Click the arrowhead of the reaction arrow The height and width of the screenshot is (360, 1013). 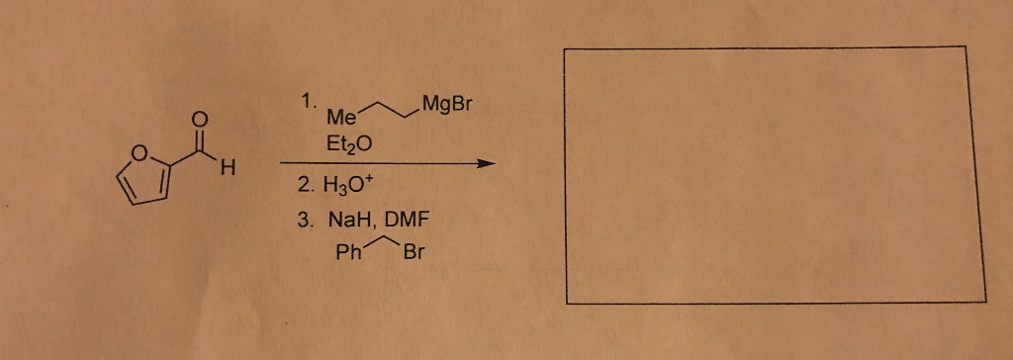point(483,164)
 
